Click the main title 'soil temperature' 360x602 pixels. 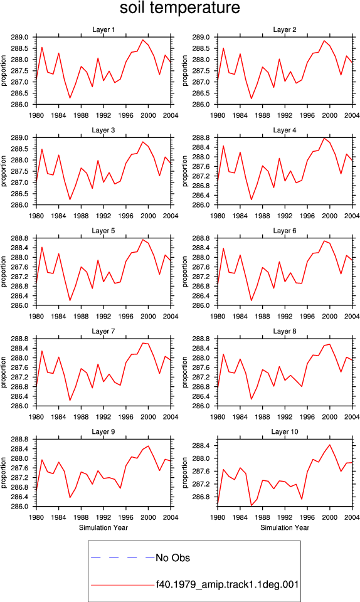pyautogui.click(x=180, y=8)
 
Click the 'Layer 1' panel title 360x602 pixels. pyautogui.click(x=103, y=29)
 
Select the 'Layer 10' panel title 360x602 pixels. pyautogui.click(x=285, y=431)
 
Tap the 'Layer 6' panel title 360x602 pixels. pyautogui.click(x=285, y=230)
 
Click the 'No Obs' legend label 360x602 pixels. pyautogui.click(x=172, y=558)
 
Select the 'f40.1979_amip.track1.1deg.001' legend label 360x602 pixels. pyautogui.click(x=227, y=584)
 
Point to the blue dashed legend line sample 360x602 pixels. pyautogui.click(x=123, y=557)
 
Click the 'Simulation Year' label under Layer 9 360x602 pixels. pyautogui.click(x=103, y=527)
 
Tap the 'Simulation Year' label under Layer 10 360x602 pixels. pyautogui.click(x=285, y=527)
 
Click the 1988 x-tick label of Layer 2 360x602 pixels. pyautogui.click(x=263, y=115)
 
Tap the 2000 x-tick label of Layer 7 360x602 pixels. pyautogui.click(x=149, y=416)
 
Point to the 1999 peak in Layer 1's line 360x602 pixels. pyautogui.click(x=143, y=40)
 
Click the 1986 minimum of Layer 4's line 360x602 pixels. pyautogui.click(x=251, y=199)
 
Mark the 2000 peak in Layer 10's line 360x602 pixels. pyautogui.click(x=330, y=445)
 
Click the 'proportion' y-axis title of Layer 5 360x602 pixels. pyautogui.click(x=4, y=272)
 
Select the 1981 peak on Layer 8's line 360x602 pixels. pyautogui.click(x=223, y=354)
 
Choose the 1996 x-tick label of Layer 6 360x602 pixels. pyautogui.click(x=307, y=316)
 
